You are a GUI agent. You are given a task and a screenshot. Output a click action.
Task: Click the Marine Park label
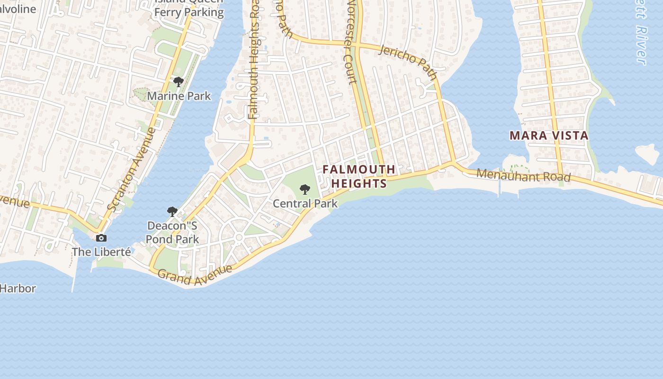click(x=179, y=96)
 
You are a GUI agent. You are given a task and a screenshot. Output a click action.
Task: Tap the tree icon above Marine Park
click(x=179, y=82)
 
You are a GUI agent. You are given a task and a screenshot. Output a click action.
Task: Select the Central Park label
click(x=305, y=204)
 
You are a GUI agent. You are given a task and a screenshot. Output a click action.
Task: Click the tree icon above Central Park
click(x=305, y=189)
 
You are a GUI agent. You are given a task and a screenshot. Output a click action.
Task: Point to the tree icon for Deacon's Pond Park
click(x=172, y=211)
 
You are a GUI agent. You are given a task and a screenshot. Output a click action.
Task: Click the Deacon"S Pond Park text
click(x=172, y=232)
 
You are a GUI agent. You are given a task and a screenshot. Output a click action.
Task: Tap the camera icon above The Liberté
click(x=101, y=238)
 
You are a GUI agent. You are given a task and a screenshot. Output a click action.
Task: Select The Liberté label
click(x=101, y=252)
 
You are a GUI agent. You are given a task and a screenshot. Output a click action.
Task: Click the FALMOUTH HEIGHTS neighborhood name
click(x=359, y=176)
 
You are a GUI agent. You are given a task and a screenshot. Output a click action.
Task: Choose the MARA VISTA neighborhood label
click(x=549, y=135)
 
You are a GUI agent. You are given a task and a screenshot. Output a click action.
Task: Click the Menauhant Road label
click(x=523, y=175)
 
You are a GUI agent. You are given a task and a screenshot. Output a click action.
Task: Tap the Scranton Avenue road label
click(x=131, y=169)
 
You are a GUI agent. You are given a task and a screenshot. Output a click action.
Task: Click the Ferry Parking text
click(x=189, y=12)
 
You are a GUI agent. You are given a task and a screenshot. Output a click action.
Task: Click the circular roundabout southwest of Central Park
click(x=239, y=237)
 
